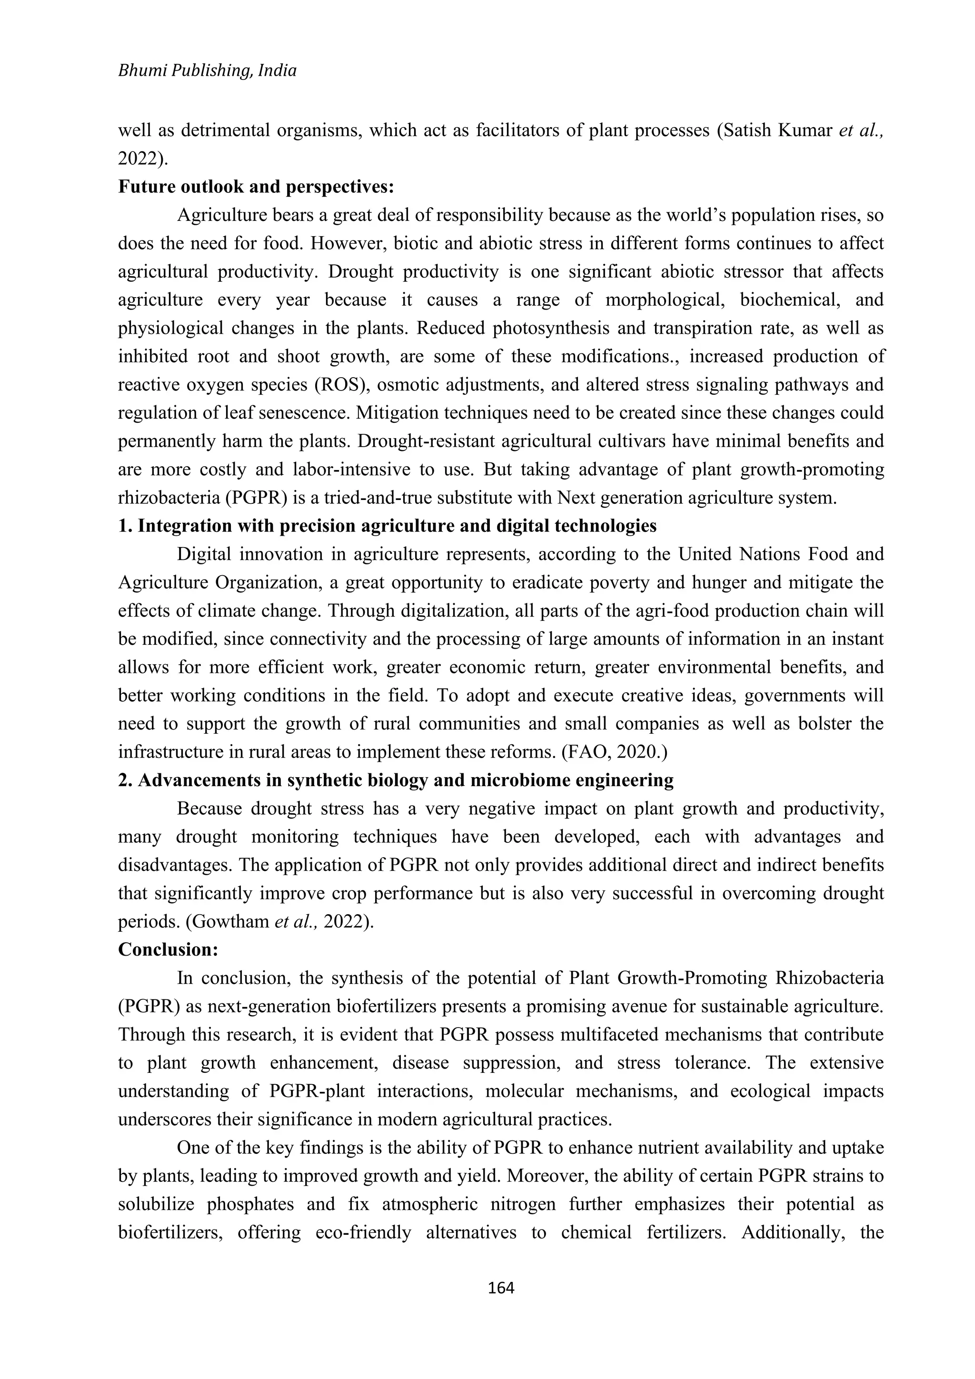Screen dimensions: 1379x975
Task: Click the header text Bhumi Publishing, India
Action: pos(207,71)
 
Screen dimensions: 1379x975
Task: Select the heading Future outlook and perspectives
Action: pos(256,187)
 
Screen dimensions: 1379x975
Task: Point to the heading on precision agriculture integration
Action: pos(387,526)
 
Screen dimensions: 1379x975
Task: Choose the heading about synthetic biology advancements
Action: pos(396,780)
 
